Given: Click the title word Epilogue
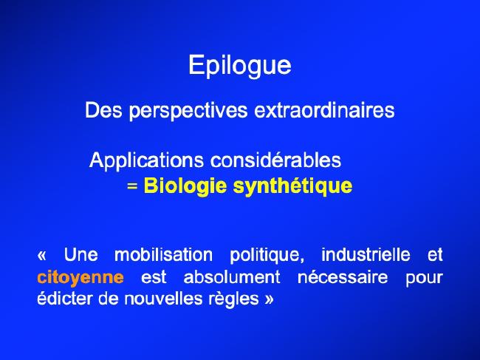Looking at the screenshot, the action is (x=240, y=66).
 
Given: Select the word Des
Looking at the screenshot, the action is (x=103, y=110).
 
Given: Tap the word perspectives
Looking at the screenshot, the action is (x=188, y=111).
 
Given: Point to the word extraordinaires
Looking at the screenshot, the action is (x=324, y=110).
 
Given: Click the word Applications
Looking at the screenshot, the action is (x=146, y=160).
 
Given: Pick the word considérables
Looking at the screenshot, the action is (x=276, y=160).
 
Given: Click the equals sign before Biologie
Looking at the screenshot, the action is (x=132, y=186).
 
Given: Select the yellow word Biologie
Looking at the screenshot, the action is (x=185, y=186).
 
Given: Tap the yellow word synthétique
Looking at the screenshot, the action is (x=293, y=186).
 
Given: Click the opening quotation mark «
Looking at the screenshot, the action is (x=42, y=255).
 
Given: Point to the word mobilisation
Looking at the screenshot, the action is (x=163, y=255).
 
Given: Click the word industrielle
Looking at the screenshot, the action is (x=366, y=255).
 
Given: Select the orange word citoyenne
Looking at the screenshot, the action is (x=80, y=278).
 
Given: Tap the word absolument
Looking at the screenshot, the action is (x=232, y=277).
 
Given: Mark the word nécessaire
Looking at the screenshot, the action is (x=343, y=277).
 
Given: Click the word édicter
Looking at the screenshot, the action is (x=64, y=299).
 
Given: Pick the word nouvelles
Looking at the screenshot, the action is (x=163, y=299).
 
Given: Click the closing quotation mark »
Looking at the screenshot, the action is (x=269, y=299).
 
